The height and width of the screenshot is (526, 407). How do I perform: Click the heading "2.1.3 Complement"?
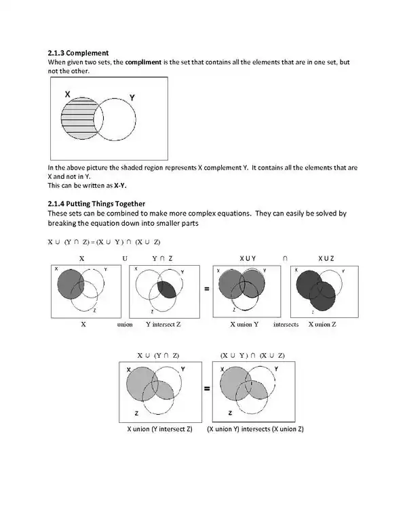tap(78, 53)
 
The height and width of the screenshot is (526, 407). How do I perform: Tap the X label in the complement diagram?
tap(68, 94)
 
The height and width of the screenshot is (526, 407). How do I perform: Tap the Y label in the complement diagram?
tap(132, 98)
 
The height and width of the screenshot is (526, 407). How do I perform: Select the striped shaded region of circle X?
tap(76, 120)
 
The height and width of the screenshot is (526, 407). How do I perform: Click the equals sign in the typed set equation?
tap(92, 242)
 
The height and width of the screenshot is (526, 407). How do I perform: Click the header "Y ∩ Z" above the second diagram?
tap(162, 258)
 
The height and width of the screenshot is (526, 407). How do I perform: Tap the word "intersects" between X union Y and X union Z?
tap(286, 325)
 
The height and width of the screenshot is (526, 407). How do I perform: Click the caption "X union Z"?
tap(322, 325)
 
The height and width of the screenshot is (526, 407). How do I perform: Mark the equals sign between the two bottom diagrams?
tap(206, 390)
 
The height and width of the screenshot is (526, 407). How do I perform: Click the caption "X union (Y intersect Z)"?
tap(160, 429)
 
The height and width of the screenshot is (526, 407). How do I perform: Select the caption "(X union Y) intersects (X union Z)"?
tap(255, 429)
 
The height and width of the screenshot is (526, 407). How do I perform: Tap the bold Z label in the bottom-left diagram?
tap(136, 413)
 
